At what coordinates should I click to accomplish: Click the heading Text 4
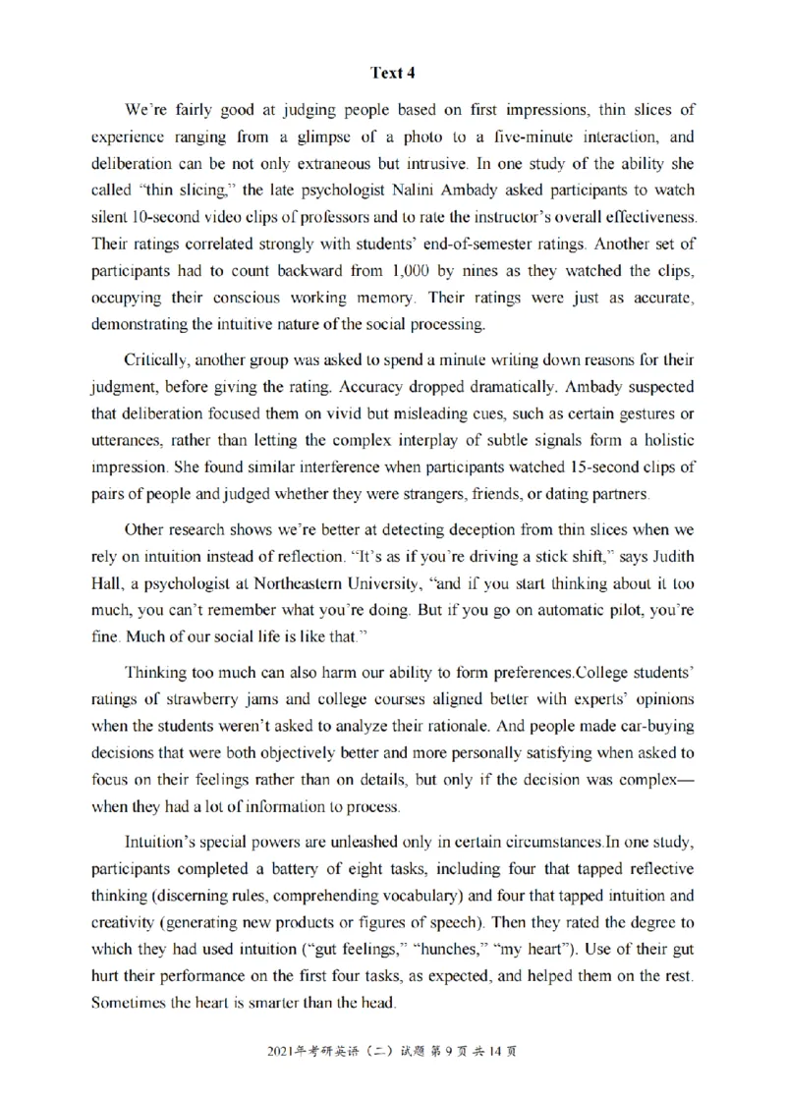[392, 72]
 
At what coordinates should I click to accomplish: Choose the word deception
[426, 531]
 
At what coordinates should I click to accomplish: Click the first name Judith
[671, 558]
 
